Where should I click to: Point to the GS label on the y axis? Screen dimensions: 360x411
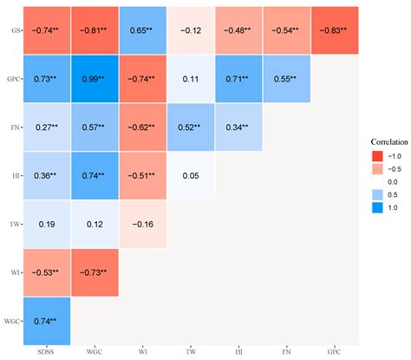15,30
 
